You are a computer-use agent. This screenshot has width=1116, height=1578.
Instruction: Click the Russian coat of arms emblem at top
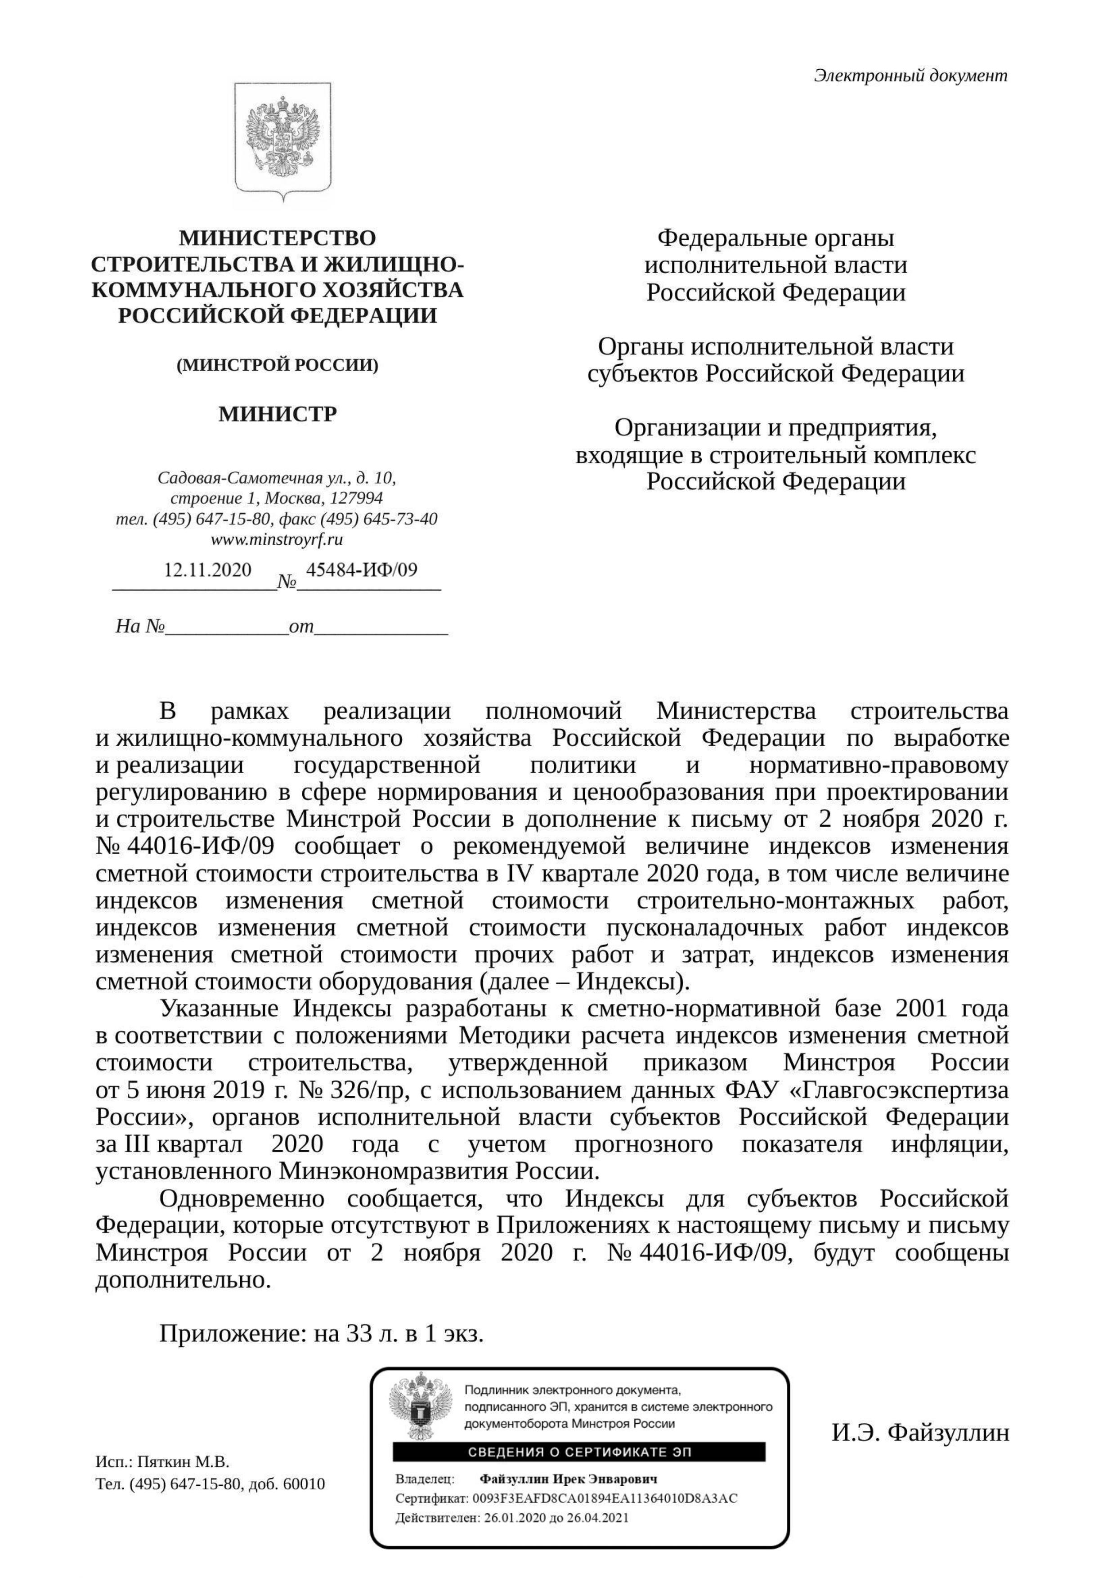[x=282, y=141]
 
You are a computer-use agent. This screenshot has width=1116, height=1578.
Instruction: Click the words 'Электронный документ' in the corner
[x=910, y=76]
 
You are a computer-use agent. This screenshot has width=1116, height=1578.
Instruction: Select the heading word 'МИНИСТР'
[x=278, y=414]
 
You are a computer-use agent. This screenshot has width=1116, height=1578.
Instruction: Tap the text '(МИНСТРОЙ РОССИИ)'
[x=278, y=365]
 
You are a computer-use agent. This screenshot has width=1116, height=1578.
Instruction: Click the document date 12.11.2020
[x=207, y=570]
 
